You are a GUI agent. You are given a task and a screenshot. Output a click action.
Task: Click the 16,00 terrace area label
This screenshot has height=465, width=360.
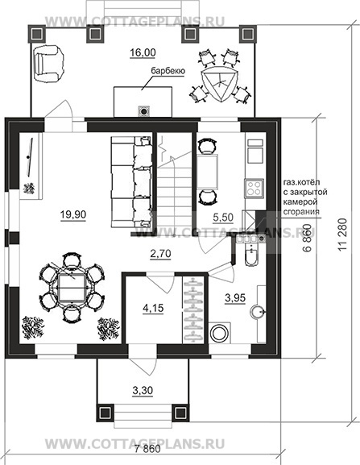pyautogui.click(x=143, y=52)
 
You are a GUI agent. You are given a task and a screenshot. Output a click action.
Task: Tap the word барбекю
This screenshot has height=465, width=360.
pyautogui.click(x=168, y=71)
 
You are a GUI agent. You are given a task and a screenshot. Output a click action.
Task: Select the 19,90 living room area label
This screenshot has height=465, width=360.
pyautogui.click(x=73, y=214)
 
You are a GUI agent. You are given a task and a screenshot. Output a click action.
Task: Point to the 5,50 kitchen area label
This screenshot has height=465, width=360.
pyautogui.click(x=223, y=217)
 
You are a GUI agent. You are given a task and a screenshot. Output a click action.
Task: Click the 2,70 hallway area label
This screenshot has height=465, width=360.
pyautogui.click(x=160, y=254)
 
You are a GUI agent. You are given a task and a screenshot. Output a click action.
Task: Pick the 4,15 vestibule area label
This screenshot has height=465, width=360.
pyautogui.click(x=153, y=308)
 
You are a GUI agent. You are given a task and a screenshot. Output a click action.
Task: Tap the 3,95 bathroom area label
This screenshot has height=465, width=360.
pyautogui.click(x=235, y=297)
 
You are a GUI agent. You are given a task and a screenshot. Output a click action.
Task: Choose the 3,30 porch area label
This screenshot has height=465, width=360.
pyautogui.click(x=143, y=390)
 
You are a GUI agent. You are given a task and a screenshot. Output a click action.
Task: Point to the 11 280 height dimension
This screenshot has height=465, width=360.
pyautogui.click(x=341, y=235)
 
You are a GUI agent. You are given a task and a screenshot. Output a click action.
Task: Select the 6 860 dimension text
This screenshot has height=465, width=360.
pyautogui.click(x=308, y=238)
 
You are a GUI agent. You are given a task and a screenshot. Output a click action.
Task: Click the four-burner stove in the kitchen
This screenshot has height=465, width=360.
pyautogui.click(x=254, y=188)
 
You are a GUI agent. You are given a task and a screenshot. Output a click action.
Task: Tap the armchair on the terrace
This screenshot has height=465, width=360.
pyautogui.click(x=48, y=63)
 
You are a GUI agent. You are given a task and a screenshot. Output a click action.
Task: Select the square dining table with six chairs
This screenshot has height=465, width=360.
pyautogui.click(x=71, y=287)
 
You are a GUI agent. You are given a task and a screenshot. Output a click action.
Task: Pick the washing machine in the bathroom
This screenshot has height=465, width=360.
pyautogui.click(x=220, y=333)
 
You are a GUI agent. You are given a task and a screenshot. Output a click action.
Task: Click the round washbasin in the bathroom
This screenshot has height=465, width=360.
pyautogui.click(x=258, y=312)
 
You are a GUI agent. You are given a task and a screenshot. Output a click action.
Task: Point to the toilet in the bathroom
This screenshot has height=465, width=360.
pyautogui.click(x=251, y=255)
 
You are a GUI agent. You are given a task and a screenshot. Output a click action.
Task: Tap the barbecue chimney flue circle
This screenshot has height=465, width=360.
pyautogui.click(x=144, y=111)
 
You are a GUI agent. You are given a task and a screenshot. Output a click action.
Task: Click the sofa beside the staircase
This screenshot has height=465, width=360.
pyautogui.click(x=131, y=181)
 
